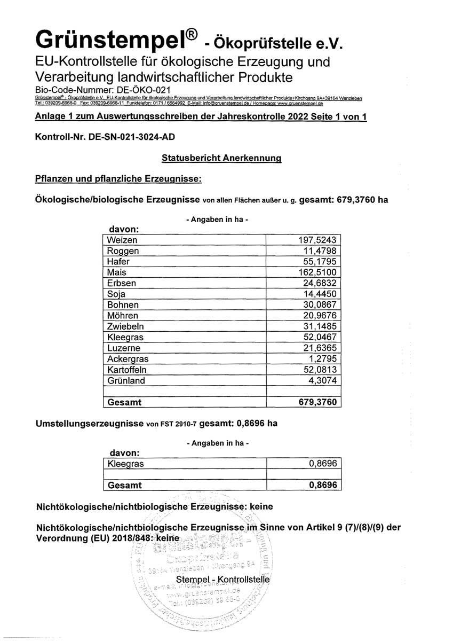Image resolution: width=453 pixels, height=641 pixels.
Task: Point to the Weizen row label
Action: click(x=122, y=240)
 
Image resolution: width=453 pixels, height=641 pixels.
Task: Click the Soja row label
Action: click(x=116, y=294)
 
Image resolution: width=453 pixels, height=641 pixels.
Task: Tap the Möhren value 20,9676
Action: click(x=319, y=316)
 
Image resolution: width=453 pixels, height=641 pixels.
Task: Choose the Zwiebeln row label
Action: click(x=125, y=326)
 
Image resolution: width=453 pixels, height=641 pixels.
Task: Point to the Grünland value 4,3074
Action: click(x=322, y=381)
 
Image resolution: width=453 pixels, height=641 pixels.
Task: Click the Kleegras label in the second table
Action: click(x=125, y=464)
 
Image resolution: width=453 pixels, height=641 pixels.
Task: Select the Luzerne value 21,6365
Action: click(x=319, y=348)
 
